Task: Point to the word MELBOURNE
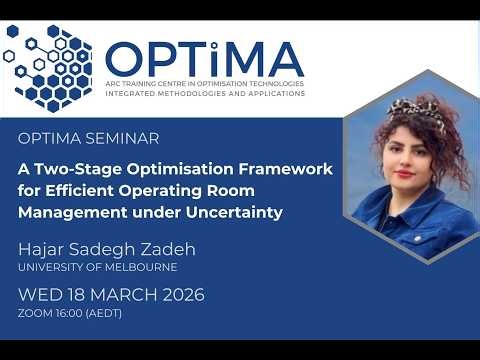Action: point(134,267)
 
